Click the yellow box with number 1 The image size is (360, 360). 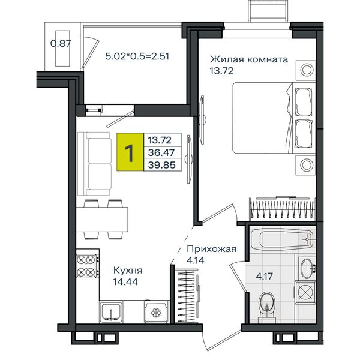click(x=130, y=152)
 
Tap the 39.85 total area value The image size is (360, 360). click(x=162, y=165)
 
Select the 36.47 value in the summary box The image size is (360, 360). click(x=161, y=152)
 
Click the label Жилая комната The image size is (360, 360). click(x=249, y=59)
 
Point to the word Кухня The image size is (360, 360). click(x=128, y=270)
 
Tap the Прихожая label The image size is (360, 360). click(x=211, y=248)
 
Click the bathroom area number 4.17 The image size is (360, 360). click(x=264, y=276)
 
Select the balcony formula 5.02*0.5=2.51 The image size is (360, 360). click(x=137, y=56)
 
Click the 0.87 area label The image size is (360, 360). click(x=61, y=43)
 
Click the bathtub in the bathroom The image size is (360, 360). click(x=283, y=239)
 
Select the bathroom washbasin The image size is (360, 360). click(x=307, y=268)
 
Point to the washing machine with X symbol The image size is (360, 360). click(x=305, y=292)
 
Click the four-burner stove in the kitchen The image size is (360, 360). click(x=88, y=266)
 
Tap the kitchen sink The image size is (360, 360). click(x=111, y=312)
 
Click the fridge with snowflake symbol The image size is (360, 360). click(x=156, y=312)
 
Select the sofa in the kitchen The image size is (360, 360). click(x=94, y=164)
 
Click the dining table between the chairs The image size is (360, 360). click(x=102, y=220)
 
